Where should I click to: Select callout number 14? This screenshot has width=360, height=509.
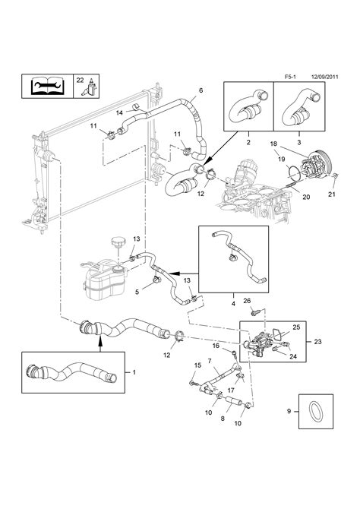pos(119,113)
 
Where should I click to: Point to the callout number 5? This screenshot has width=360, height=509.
pos(137,291)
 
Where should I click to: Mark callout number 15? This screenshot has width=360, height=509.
pos(197,366)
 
